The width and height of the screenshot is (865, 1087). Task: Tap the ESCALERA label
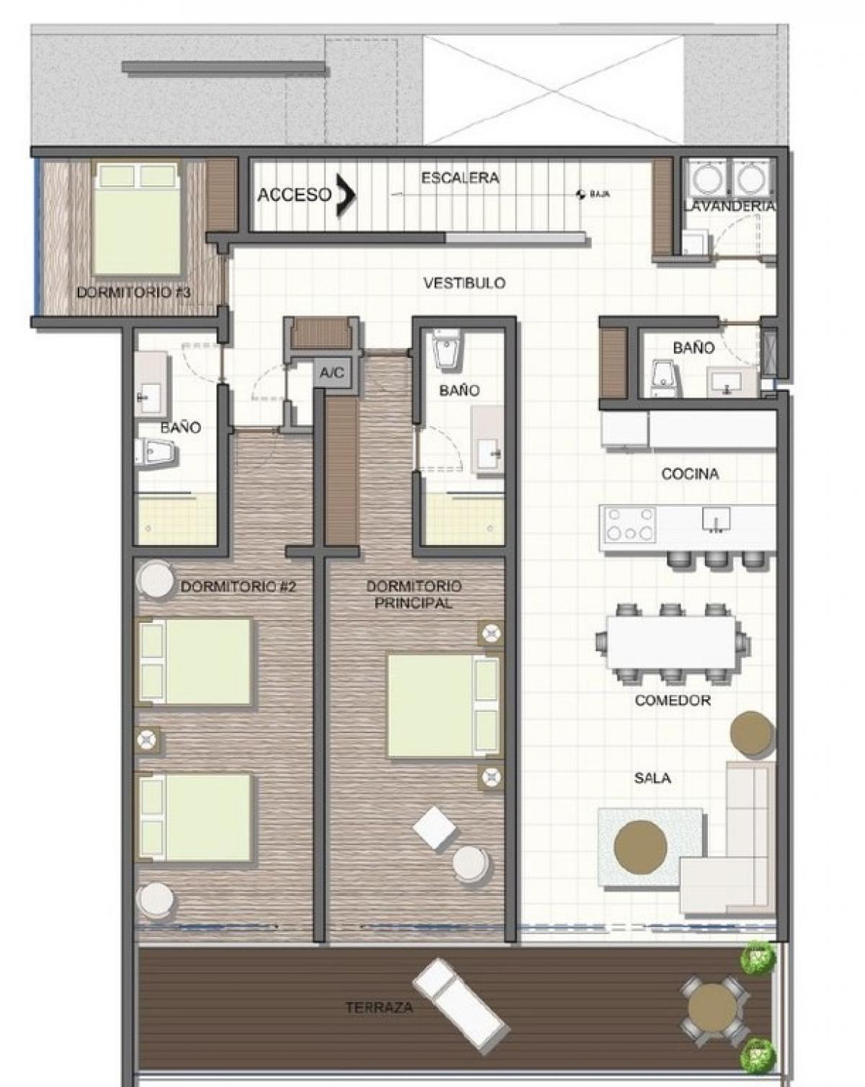tap(460, 178)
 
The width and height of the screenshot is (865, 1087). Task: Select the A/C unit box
tap(332, 373)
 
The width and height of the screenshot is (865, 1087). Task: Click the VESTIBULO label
tap(464, 283)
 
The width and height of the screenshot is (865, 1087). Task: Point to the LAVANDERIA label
tap(729, 205)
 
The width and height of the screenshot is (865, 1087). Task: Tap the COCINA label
tap(690, 474)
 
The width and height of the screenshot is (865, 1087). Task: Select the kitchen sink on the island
tap(716, 519)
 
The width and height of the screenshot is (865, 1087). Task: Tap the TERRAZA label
tap(379, 1008)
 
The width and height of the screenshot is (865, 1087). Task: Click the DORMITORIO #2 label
tap(238, 587)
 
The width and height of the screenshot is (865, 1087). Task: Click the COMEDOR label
tap(673, 700)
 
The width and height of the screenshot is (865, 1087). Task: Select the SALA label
tap(652, 778)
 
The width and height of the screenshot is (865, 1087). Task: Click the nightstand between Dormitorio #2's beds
tap(146, 740)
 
